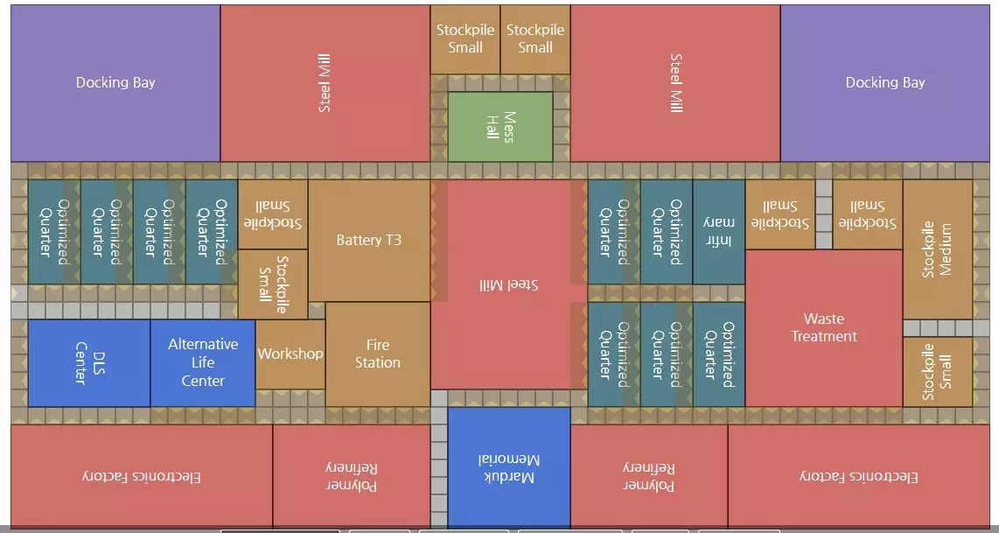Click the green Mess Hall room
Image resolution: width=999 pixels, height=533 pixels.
coord(499,127)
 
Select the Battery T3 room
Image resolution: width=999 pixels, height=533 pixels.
coord(368,240)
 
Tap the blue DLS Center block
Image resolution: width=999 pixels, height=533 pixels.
coord(88,362)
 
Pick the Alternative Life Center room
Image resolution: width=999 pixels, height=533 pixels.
coord(202,362)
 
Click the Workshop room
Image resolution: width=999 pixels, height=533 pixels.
coord(290,354)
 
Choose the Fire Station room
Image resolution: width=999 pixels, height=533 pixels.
coord(377,354)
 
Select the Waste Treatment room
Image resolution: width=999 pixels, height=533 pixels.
coord(823,327)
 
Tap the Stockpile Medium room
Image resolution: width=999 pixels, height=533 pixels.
coord(937,249)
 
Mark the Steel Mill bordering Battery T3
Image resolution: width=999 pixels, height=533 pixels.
coord(508,284)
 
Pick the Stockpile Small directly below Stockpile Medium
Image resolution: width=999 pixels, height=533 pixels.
coord(937,371)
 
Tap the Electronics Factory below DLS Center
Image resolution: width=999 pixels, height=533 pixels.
coord(141,476)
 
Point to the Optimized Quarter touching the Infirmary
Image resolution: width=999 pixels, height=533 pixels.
coord(666,231)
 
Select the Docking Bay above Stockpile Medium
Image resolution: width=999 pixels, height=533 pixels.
coord(884,82)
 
